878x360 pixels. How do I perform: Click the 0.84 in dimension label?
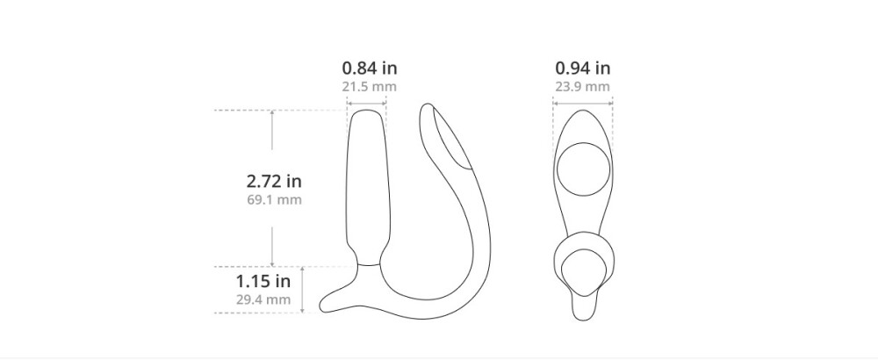pyautogui.click(x=370, y=68)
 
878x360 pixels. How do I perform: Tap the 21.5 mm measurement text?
pyautogui.click(x=370, y=87)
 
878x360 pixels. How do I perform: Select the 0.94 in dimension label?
pyautogui.click(x=583, y=68)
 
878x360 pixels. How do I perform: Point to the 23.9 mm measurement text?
pyautogui.click(x=583, y=87)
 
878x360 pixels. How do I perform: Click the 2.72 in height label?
pyautogui.click(x=274, y=182)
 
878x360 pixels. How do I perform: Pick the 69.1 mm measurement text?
pyautogui.click(x=274, y=200)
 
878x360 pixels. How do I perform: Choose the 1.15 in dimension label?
pyautogui.click(x=263, y=281)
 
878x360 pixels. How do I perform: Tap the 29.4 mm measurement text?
pyautogui.click(x=263, y=299)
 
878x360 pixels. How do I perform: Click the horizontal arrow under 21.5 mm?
pyautogui.click(x=367, y=103)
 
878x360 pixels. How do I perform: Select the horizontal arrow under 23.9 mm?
pyautogui.click(x=583, y=103)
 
